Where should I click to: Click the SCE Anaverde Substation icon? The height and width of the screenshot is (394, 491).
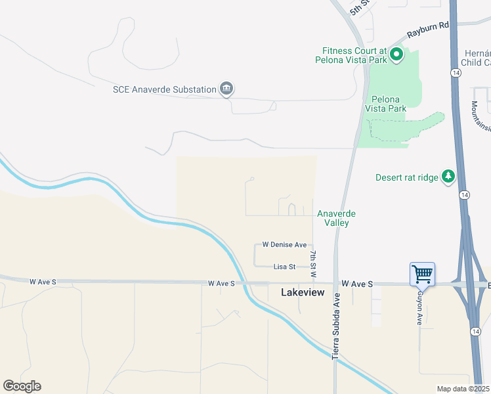pyautogui.click(x=226, y=89)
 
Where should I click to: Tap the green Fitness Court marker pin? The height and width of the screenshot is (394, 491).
pyautogui.click(x=396, y=55)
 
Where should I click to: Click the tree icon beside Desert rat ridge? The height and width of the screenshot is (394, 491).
pyautogui.click(x=448, y=176)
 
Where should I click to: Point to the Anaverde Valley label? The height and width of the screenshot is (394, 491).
pyautogui.click(x=336, y=218)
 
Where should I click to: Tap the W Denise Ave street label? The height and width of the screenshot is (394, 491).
pyautogui.click(x=284, y=244)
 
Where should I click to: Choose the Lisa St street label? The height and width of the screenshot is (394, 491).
pyautogui.click(x=285, y=267)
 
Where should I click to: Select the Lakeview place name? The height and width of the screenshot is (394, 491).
pyautogui.click(x=303, y=292)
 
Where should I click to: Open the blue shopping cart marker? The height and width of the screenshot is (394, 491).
pyautogui.click(x=423, y=273)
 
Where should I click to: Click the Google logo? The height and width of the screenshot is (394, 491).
pyautogui.click(x=22, y=386)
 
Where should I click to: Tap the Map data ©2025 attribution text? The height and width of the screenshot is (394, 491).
pyautogui.click(x=463, y=389)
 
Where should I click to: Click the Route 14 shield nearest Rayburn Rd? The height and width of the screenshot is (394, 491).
pyautogui.click(x=454, y=71)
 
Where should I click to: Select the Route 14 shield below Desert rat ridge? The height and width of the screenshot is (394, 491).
pyautogui.click(x=464, y=195)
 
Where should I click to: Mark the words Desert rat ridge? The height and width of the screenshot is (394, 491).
pyautogui.click(x=406, y=177)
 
